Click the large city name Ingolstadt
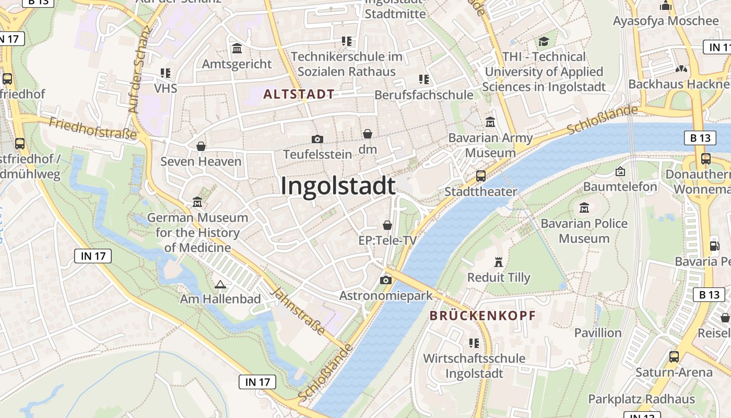click(338, 186)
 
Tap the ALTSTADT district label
click(299, 95)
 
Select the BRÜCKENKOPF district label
click(482, 316)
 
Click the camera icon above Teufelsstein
click(317, 139)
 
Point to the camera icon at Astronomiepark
click(386, 280)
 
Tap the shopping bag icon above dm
click(368, 134)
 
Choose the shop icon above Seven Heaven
click(201, 146)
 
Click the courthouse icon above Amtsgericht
click(237, 49)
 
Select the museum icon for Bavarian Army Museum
click(490, 122)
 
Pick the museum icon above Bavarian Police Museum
click(584, 208)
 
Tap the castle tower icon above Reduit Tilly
click(499, 262)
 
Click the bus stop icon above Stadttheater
click(481, 176)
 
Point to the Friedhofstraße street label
click(93, 129)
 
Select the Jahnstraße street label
click(299, 312)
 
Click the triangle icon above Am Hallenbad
click(220, 284)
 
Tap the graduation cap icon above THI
click(544, 41)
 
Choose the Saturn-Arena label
click(674, 373)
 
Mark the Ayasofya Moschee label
click(666, 21)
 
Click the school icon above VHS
click(166, 73)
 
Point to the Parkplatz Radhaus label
click(641, 399)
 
